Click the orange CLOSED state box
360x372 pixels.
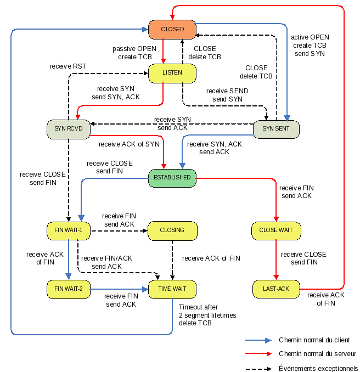pos(172,29)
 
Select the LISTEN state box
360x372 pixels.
pos(172,73)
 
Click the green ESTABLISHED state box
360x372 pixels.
pos(172,178)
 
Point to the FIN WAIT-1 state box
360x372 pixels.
pos(68,230)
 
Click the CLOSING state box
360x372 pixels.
pos(172,230)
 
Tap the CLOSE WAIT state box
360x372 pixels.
pos(275,230)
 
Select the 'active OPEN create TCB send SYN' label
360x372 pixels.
pos(310,46)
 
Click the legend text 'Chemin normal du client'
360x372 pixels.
pos(314,340)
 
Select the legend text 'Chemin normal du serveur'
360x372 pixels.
pos(317,354)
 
